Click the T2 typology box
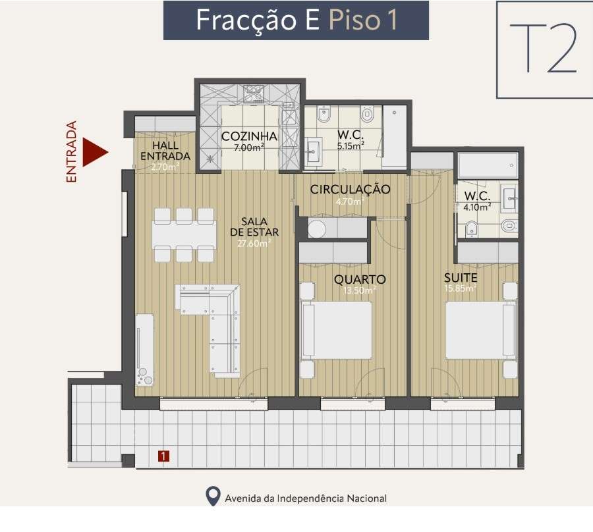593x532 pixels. pos(544,49)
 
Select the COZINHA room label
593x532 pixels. pos(248,136)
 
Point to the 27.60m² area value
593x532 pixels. pos(254,243)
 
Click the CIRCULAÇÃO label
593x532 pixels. pos(350,190)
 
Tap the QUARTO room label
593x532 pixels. pos(359,279)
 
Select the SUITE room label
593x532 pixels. pos(460,278)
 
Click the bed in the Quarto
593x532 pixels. pos(337,331)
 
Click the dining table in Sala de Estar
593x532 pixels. pos(184,234)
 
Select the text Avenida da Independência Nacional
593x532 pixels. pos(305,498)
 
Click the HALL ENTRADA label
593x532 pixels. pos(165,151)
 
